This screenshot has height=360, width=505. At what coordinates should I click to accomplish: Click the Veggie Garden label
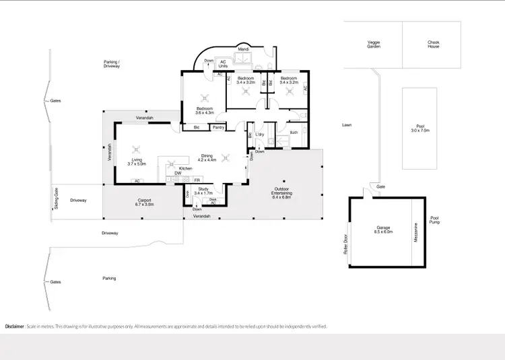click(374, 44)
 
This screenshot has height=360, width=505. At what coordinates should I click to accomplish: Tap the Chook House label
click(433, 44)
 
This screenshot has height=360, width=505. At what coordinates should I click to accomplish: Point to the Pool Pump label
click(435, 220)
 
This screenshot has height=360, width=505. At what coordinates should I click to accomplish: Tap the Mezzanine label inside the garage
click(416, 232)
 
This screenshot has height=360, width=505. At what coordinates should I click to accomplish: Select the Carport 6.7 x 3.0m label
click(145, 202)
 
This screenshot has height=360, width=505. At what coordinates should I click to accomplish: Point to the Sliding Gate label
click(56, 199)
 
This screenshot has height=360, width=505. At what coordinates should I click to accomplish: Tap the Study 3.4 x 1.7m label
click(203, 191)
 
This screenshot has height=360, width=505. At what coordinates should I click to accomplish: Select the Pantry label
click(218, 127)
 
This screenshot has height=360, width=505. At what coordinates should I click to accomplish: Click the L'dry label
click(259, 133)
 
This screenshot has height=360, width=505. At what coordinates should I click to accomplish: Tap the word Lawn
click(347, 124)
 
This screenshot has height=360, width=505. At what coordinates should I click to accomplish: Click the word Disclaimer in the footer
click(15, 326)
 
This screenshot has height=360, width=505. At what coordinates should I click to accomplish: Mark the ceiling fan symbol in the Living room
click(137, 149)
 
